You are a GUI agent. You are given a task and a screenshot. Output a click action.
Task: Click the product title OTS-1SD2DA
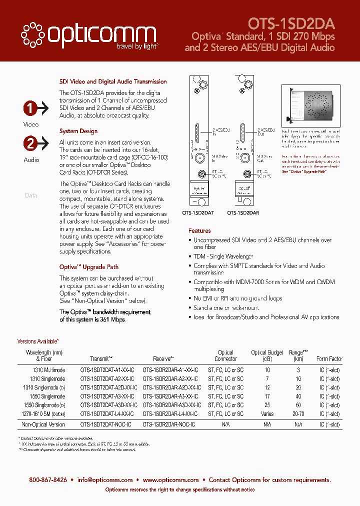click(x=291, y=23)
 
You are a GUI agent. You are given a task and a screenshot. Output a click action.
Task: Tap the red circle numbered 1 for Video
click(x=31, y=108)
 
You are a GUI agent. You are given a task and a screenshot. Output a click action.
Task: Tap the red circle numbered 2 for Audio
click(x=31, y=144)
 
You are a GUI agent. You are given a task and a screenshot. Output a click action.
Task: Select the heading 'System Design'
click(x=78, y=131)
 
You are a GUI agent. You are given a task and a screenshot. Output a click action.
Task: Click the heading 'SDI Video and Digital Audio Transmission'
click(x=113, y=81)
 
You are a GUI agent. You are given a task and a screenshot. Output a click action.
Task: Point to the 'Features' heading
click(x=199, y=231)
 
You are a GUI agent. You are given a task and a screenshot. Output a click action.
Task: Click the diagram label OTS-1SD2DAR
click(x=243, y=212)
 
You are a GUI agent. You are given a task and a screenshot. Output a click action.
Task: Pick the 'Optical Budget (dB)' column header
click(x=267, y=355)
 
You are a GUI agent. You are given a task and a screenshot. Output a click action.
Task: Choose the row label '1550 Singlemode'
click(x=44, y=396)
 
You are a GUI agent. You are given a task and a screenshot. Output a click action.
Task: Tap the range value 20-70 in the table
click(x=298, y=414)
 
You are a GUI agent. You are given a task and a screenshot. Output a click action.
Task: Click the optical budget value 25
click(x=267, y=405)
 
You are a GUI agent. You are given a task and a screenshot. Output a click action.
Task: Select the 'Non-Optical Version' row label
click(x=43, y=424)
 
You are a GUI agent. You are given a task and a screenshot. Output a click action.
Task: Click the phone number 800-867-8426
click(x=48, y=479)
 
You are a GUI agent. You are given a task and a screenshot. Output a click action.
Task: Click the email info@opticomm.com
click(x=105, y=479)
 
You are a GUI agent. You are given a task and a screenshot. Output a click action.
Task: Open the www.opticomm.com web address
click(x=170, y=479)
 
